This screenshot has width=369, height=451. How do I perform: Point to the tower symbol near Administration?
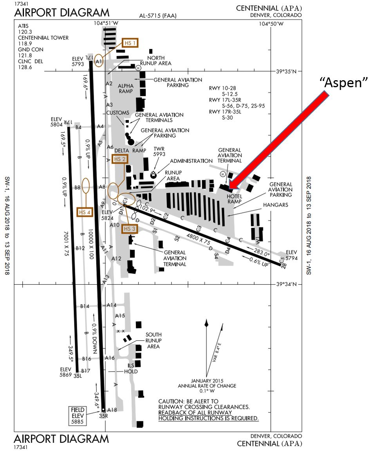click(x=154, y=174)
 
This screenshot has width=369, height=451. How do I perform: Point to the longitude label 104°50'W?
click(x=271, y=24)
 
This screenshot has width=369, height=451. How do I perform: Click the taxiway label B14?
click(x=85, y=306)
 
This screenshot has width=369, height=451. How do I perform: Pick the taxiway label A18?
click(x=112, y=410)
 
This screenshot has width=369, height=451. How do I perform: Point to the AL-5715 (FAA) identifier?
click(x=158, y=16)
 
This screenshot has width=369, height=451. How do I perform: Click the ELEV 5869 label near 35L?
click(x=65, y=372)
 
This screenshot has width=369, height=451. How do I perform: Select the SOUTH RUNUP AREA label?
click(x=154, y=340)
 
